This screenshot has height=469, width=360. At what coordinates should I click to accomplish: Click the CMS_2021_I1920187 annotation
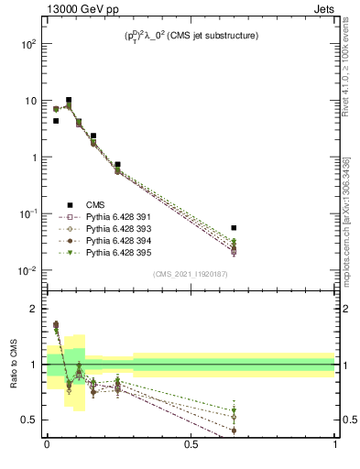point(191,273)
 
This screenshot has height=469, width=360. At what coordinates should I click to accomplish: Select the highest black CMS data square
point(69,100)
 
